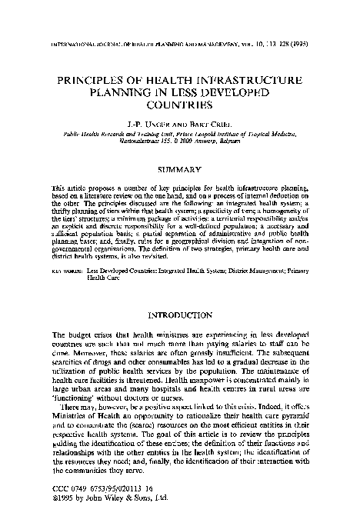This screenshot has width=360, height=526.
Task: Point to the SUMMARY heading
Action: [179, 168]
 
